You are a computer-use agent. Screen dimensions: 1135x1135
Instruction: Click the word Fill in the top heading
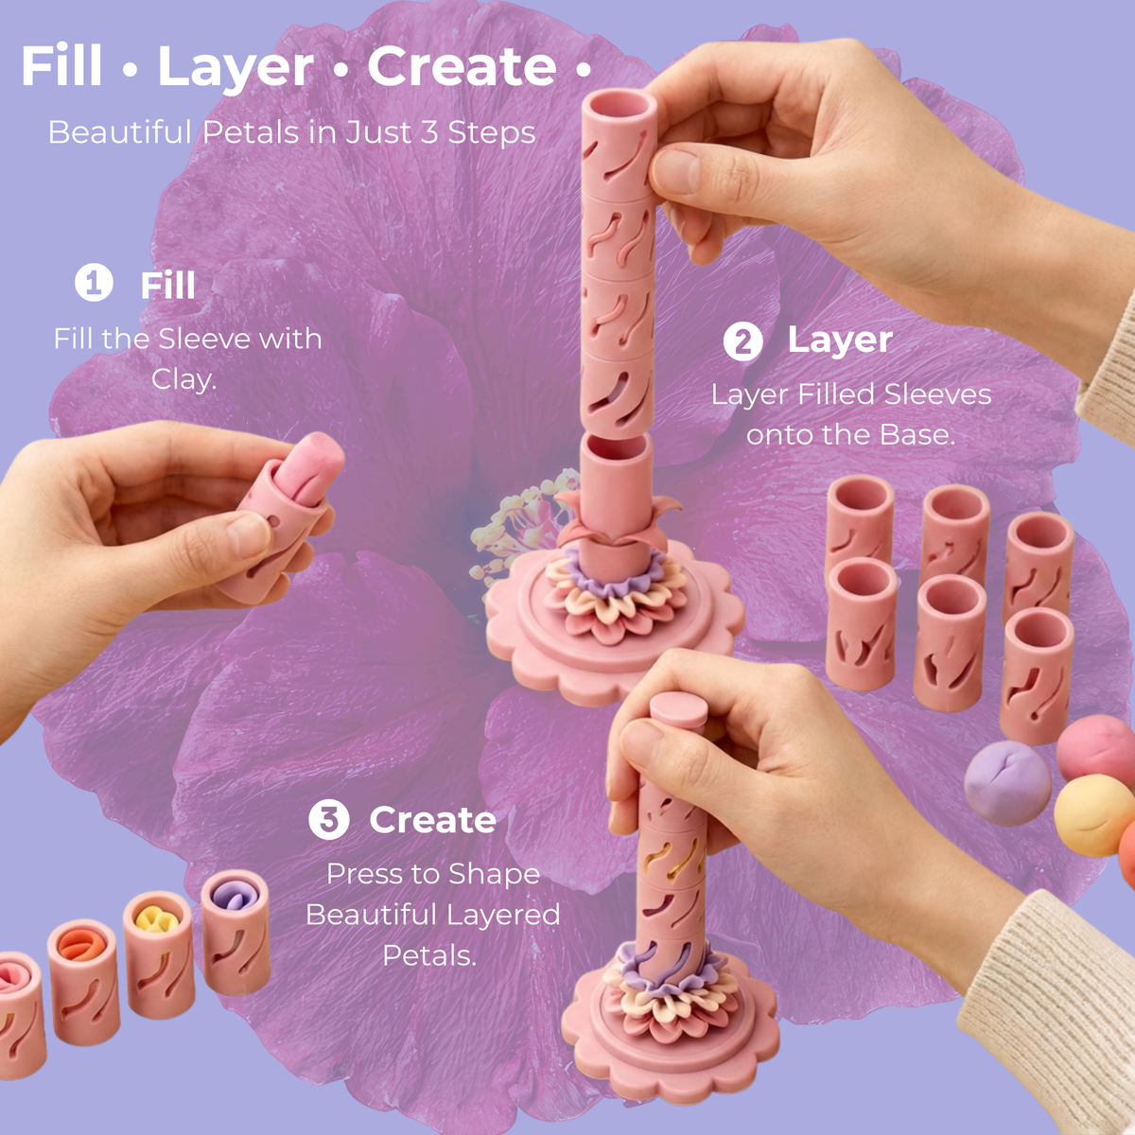tap(61, 66)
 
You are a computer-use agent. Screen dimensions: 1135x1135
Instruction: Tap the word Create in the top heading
tap(462, 66)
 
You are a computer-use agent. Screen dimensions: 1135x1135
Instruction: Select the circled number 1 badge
tap(94, 283)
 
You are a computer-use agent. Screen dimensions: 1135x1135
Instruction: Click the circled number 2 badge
tap(742, 341)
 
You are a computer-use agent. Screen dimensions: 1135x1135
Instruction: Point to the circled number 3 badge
tap(328, 819)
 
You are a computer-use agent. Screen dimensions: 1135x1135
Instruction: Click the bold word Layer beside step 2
tap(840, 340)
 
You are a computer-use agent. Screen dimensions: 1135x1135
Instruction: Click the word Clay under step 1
tap(183, 378)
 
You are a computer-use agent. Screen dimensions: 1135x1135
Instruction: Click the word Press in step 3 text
tap(359, 874)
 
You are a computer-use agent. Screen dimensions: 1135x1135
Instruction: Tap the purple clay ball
tap(1007, 783)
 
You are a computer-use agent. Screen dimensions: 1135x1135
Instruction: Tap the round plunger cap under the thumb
tap(678, 707)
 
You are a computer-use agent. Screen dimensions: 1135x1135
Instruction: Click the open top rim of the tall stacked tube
tap(619, 105)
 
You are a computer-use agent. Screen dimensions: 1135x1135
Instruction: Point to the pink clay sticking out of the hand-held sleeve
tap(312, 468)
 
